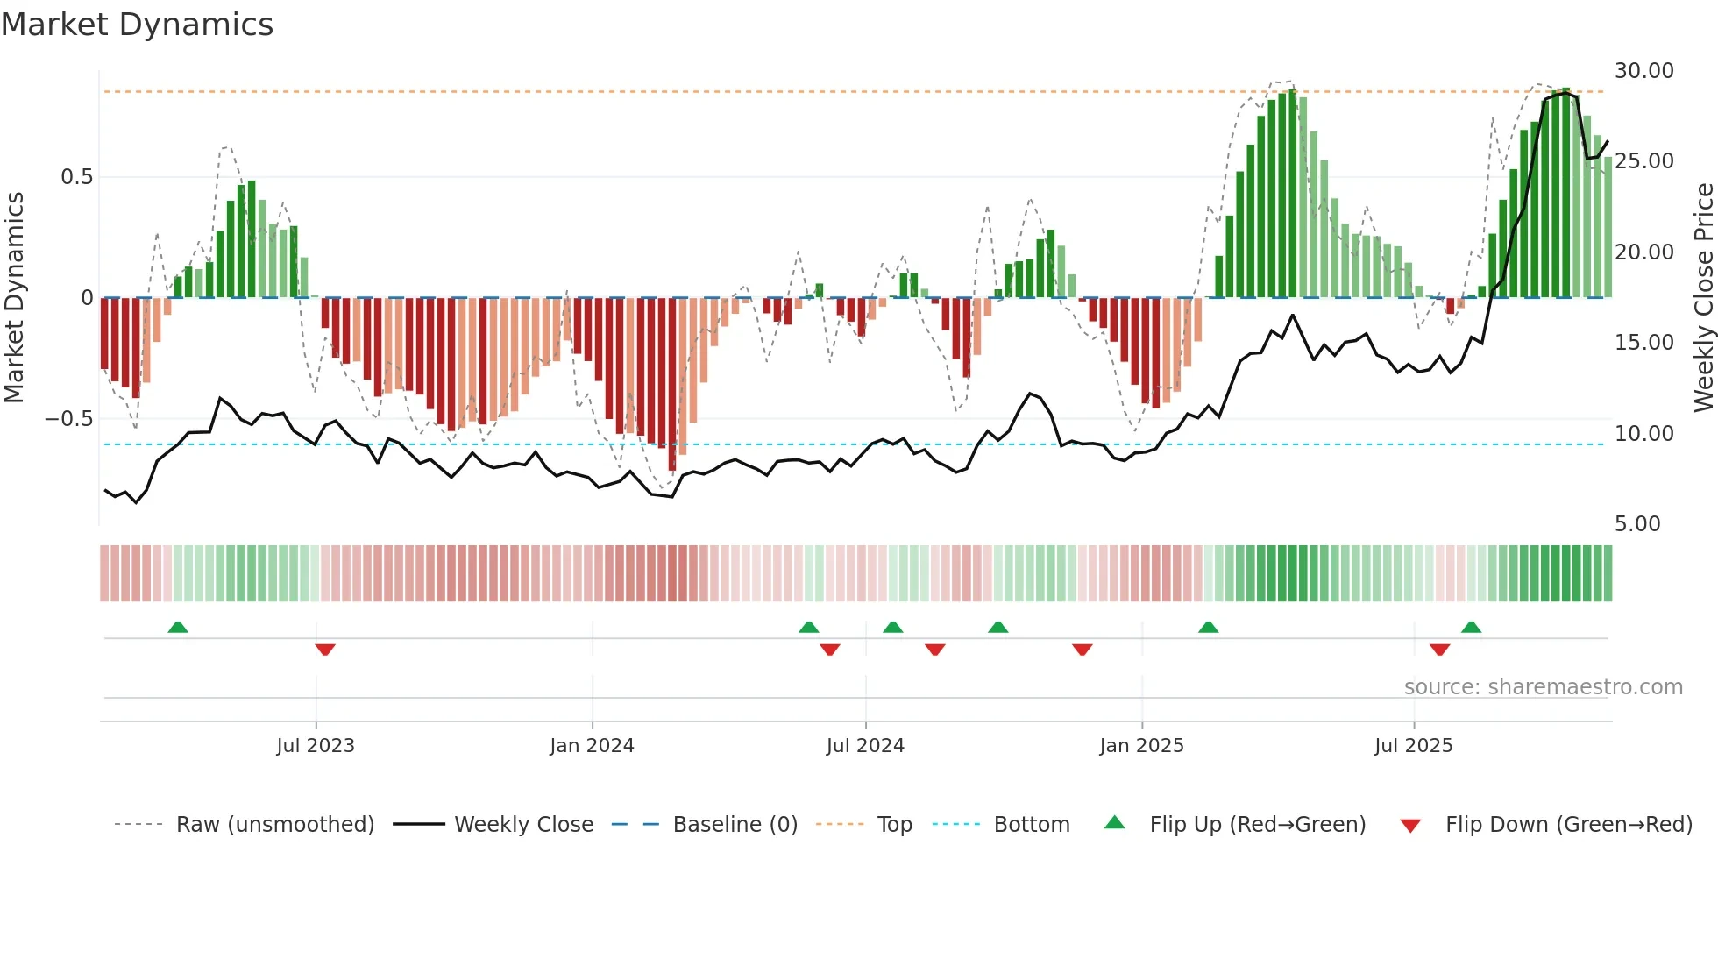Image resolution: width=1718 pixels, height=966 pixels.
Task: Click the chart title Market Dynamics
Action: [137, 25]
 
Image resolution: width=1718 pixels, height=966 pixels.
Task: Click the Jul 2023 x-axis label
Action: [316, 746]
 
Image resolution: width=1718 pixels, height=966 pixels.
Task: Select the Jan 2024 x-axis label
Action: [592, 746]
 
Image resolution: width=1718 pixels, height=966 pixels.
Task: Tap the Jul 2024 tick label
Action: [865, 746]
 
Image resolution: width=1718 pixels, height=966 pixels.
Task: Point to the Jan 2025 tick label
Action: [1141, 746]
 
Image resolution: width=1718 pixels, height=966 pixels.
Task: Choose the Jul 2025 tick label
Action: [1413, 746]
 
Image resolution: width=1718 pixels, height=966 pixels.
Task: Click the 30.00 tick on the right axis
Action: [1643, 71]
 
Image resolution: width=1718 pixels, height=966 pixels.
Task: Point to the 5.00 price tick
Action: [1637, 524]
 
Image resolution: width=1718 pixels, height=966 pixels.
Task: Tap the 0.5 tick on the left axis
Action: [76, 177]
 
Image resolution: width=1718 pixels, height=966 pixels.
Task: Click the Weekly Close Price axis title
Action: [1703, 298]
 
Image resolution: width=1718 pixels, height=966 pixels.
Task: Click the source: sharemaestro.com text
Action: [1543, 687]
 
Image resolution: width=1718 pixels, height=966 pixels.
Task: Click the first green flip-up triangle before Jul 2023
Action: [178, 627]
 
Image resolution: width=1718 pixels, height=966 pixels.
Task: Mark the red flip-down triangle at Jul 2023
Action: [325, 650]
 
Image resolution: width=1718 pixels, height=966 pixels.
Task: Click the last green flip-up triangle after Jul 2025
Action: [1471, 627]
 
